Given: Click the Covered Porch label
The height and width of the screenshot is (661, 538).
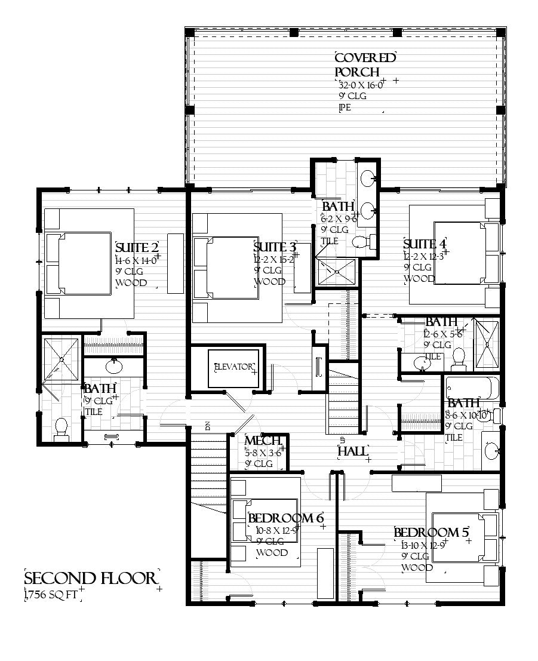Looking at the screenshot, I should click(x=365, y=64).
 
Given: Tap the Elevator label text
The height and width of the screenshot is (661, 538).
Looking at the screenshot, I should click(x=233, y=367).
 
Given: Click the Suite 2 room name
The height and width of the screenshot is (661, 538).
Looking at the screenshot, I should click(x=137, y=248).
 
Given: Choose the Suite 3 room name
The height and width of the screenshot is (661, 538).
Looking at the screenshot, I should click(x=275, y=247).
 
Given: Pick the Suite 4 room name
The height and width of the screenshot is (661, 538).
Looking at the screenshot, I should click(x=425, y=244).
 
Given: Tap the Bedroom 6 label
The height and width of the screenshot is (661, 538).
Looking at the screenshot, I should click(x=285, y=518).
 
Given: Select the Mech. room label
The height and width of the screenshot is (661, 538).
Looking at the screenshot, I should click(x=263, y=441).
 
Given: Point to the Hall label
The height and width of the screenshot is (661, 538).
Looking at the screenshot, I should click(x=353, y=451).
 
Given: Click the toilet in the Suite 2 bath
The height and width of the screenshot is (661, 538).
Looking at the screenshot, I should click(x=61, y=428).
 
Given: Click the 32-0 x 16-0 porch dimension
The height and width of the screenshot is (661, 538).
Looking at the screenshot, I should click(x=360, y=84).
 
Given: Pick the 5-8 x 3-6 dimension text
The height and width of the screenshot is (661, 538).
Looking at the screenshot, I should click(x=263, y=453).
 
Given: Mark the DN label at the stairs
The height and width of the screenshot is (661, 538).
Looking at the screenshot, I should click(x=208, y=426).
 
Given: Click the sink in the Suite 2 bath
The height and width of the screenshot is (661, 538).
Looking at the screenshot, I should click(x=113, y=364).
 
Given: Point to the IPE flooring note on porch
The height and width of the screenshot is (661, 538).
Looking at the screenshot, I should click(x=345, y=107).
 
